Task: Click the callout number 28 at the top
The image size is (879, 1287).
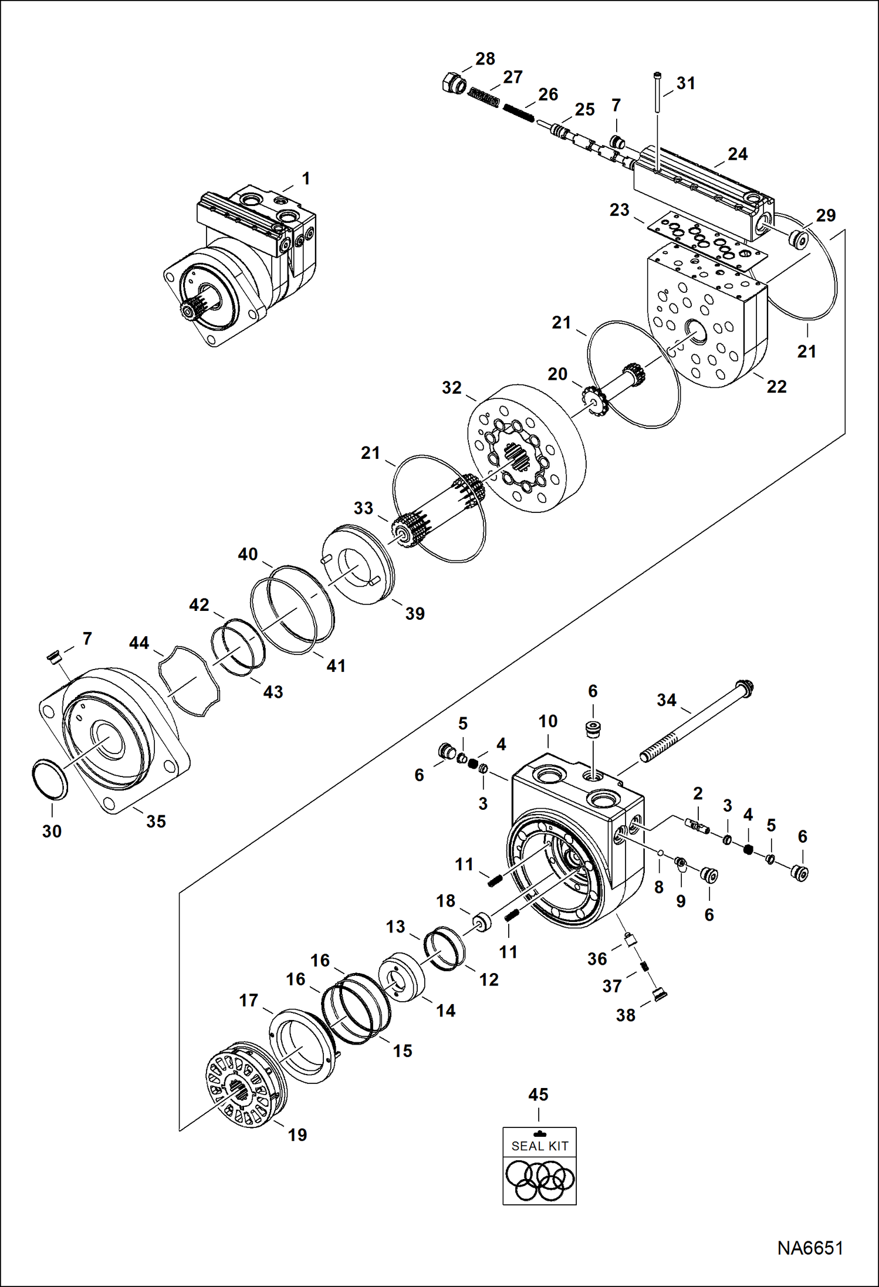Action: [485, 59]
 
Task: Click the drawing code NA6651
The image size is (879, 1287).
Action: [810, 1248]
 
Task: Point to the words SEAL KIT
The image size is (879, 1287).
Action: [540, 1146]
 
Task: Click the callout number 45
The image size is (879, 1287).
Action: [538, 1095]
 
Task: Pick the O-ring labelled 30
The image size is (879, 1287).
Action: [49, 779]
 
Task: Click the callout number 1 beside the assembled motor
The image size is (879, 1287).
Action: [305, 178]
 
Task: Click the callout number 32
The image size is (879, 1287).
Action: [451, 387]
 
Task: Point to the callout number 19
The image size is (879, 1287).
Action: [297, 1134]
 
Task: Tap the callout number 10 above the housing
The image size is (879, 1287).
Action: [547, 721]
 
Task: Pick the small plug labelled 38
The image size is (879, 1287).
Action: [660, 994]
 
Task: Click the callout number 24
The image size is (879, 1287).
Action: [738, 154]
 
